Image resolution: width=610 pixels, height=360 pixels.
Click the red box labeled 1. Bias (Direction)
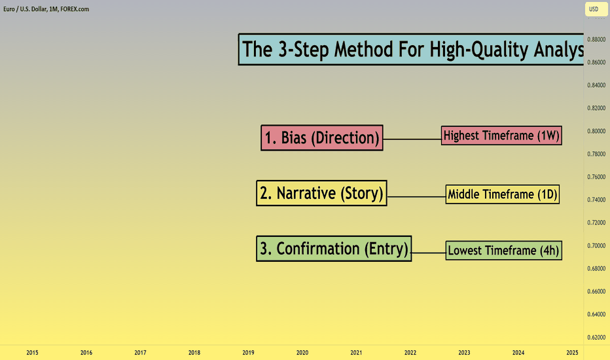(322, 137)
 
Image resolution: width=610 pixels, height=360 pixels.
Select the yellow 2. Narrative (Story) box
(321, 193)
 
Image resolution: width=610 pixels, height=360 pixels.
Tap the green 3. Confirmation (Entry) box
(334, 248)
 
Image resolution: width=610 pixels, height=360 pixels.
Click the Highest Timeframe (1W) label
(501, 135)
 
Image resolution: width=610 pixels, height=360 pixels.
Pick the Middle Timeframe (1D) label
(502, 194)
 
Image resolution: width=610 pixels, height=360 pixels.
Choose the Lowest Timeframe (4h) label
(503, 250)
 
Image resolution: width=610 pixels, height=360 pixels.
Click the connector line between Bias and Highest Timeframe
(412, 139)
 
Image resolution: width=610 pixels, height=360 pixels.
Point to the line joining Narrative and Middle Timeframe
(416, 197)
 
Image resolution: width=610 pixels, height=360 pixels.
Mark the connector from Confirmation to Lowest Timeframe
(429, 253)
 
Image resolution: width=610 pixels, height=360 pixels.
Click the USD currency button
(596, 9)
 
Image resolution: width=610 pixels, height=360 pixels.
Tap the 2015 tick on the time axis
(32, 353)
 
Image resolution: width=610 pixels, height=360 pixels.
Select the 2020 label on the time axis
(302, 353)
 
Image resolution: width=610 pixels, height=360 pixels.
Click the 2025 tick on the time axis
(572, 353)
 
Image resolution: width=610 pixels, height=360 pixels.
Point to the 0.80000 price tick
(596, 131)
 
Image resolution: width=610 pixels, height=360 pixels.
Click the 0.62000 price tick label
(596, 338)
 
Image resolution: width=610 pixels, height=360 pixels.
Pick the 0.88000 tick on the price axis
(596, 39)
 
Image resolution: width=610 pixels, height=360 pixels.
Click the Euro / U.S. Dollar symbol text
(26, 9)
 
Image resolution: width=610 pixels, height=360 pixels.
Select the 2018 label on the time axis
(194, 353)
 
